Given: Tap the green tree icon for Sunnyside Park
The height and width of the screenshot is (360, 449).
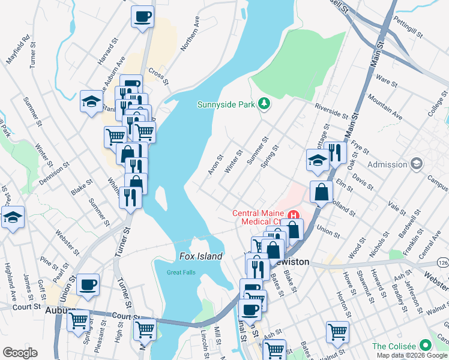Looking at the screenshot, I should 264,104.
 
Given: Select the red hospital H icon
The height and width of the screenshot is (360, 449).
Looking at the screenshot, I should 294,214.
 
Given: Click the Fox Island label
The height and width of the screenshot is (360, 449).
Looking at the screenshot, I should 201,256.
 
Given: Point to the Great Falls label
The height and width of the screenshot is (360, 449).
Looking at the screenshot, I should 181,273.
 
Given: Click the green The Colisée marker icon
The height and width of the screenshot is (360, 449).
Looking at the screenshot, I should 426,346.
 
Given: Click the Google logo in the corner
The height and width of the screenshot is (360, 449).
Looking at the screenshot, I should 20,353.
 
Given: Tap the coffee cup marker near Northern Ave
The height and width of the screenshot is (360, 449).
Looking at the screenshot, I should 142,16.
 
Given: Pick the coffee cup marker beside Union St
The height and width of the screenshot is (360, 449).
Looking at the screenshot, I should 88,284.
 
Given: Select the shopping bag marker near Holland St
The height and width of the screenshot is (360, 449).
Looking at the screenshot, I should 322,193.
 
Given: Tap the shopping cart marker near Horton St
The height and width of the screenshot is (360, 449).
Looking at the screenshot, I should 337,331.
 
